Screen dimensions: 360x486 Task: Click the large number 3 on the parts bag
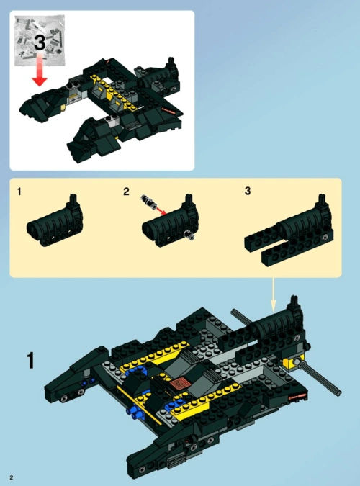point(40,42)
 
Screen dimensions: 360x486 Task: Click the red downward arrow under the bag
point(40,70)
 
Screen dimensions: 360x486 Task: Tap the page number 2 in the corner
point(12,477)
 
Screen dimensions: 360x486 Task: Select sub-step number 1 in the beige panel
point(19,192)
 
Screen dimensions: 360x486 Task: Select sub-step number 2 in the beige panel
point(126,192)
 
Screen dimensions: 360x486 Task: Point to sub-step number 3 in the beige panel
point(248,191)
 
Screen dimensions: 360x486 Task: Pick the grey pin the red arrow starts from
point(148,202)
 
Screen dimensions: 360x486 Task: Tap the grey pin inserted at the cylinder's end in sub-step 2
point(189,235)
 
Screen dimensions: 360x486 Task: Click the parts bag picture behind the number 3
point(40,40)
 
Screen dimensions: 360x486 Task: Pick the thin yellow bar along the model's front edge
point(139,405)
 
